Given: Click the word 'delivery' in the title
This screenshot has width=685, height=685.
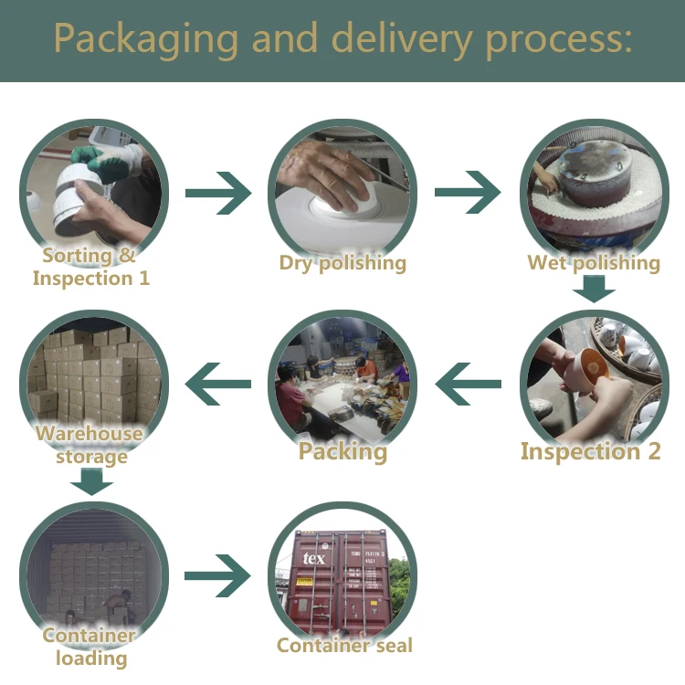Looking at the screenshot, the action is coord(402,39).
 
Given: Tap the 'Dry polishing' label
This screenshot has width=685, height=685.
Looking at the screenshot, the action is coord(342,263).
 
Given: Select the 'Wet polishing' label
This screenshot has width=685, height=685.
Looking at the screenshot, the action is coord(594,263).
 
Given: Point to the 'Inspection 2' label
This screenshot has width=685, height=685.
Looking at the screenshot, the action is coord(591,451).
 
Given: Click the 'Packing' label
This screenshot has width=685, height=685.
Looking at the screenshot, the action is coord(342,451).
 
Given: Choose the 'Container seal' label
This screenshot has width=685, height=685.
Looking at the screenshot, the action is coord(344,645).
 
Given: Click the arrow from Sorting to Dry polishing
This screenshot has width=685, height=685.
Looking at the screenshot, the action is coord(218,193).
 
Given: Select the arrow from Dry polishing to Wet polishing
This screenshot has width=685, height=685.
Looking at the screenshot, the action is coord(468,192).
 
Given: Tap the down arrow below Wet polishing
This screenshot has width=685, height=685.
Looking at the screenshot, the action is coord(595,289).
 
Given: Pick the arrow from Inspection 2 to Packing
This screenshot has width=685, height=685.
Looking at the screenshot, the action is coord(469,384).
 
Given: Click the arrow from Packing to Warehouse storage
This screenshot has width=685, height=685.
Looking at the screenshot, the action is coord(218,384).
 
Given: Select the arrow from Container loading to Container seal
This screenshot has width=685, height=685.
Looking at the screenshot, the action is coord(217,575).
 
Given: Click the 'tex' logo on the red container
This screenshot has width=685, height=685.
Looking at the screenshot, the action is coord(314,558).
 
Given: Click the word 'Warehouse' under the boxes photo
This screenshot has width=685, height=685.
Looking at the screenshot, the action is coord(90,433).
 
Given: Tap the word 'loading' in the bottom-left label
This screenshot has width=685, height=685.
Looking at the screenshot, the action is coord(91,659).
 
